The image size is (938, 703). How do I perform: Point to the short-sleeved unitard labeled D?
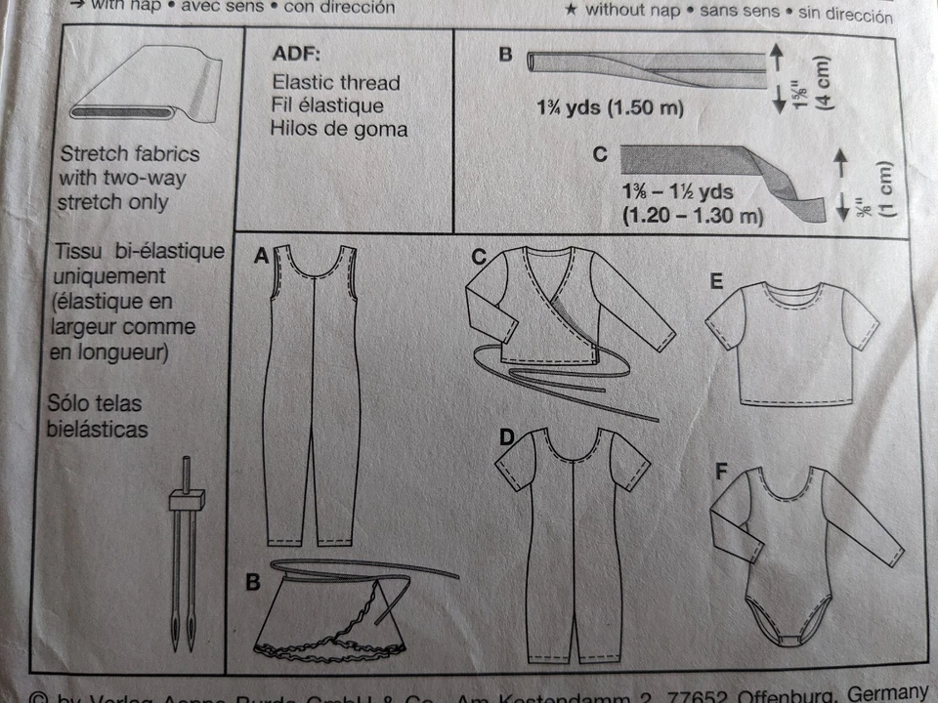pos(568,547)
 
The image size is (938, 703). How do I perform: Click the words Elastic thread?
pos(336,83)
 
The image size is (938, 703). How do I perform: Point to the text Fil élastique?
pos(327,105)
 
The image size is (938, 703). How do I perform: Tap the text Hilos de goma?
pos(340,128)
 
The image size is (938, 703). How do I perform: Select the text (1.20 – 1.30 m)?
pos(692,216)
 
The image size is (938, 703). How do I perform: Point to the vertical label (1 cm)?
pos(885,188)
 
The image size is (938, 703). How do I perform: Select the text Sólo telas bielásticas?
pos(103,414)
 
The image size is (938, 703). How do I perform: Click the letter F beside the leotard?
pos(721,474)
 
